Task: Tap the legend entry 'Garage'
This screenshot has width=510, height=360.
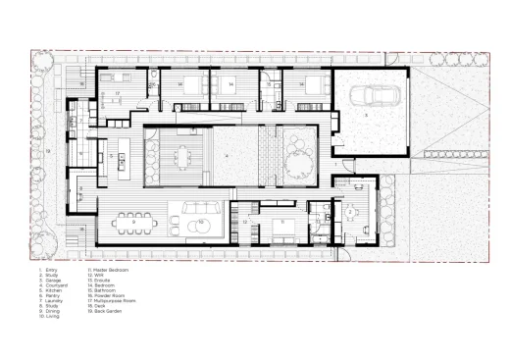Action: point(53,280)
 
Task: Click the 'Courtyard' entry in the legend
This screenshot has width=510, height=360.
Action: point(55,285)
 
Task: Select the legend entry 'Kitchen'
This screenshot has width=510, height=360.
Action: point(53,291)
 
